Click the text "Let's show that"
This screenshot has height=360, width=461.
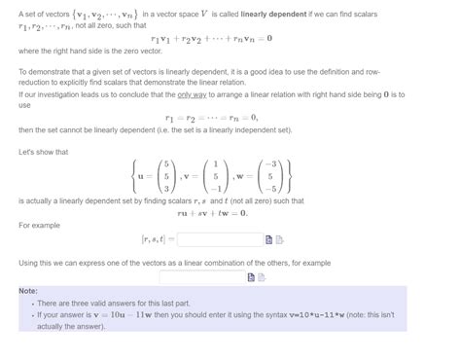point(43,152)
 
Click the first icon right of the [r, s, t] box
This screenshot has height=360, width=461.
point(269,239)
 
